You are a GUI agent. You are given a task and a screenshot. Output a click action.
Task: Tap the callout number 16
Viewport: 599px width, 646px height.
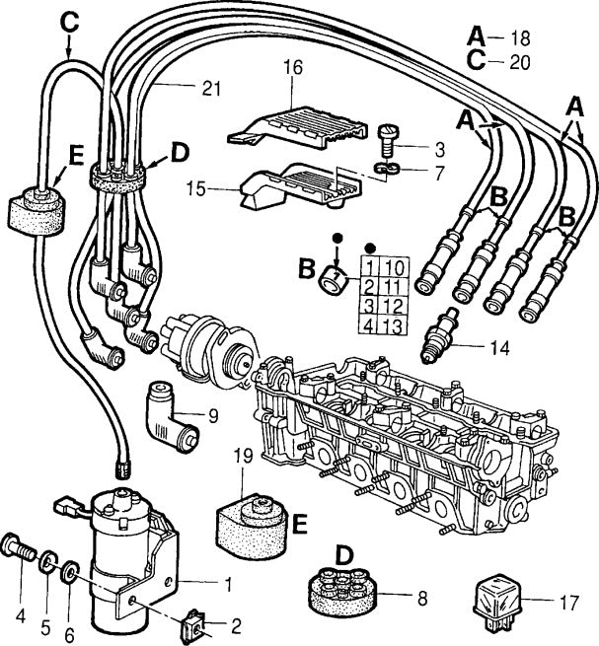coord(293,68)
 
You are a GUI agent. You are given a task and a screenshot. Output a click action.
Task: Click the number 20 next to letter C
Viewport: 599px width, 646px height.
coord(521,61)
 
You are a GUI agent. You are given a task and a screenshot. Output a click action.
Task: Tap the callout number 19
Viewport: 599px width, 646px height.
coord(246,456)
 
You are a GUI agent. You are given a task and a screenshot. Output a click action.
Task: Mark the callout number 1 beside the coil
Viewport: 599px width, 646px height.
coord(229,584)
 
